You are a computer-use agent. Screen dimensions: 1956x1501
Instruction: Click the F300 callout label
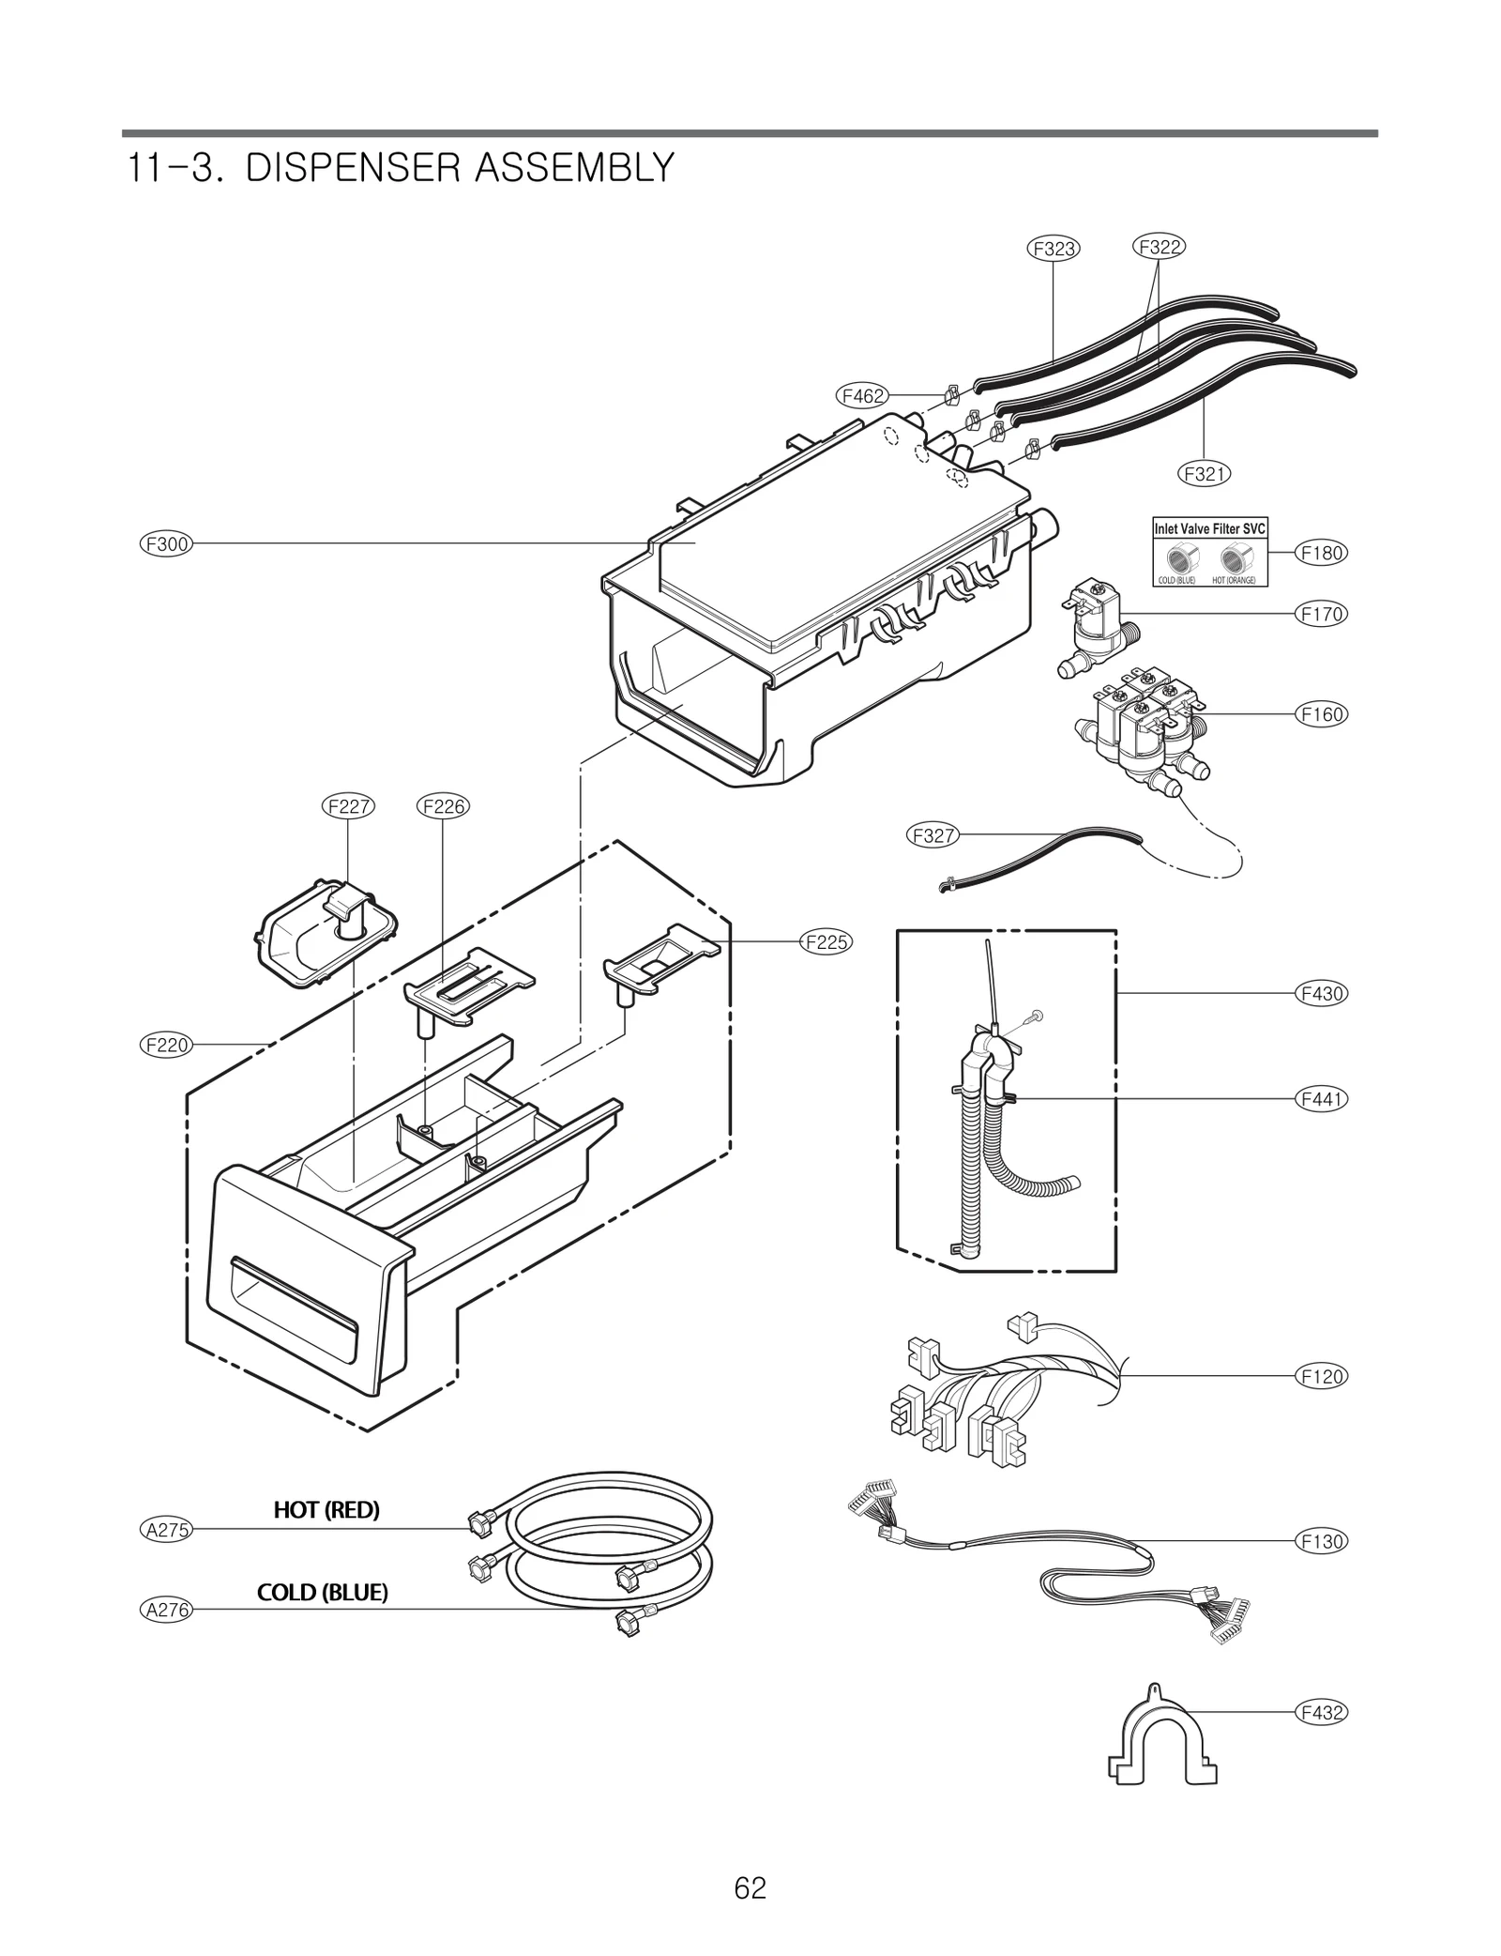pyautogui.click(x=166, y=543)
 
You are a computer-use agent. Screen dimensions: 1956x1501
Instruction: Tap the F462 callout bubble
pyautogui.click(x=862, y=396)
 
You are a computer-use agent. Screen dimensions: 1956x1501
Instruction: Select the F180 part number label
pyautogui.click(x=1322, y=553)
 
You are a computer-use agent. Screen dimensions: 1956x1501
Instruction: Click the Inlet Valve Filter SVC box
pyautogui.click(x=1209, y=553)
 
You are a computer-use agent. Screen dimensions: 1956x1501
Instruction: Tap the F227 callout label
pyautogui.click(x=348, y=806)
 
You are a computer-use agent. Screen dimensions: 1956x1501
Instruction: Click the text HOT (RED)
pyautogui.click(x=326, y=1510)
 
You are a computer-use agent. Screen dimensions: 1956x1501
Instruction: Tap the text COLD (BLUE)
pyautogui.click(x=322, y=1593)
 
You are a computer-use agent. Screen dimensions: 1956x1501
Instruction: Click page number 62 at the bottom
pyautogui.click(x=750, y=1887)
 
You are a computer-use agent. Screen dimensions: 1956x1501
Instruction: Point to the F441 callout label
pyautogui.click(x=1322, y=1098)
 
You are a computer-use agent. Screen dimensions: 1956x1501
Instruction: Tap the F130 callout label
pyautogui.click(x=1322, y=1541)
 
